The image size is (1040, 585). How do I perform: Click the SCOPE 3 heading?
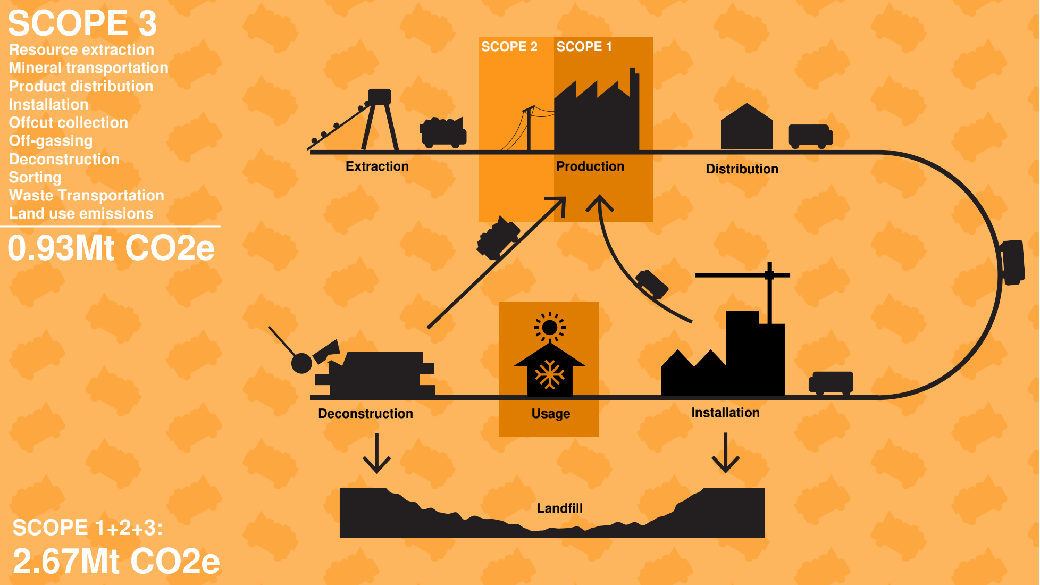(82, 23)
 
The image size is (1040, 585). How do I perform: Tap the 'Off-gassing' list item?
(51, 141)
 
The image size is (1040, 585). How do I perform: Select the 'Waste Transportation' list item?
(86, 196)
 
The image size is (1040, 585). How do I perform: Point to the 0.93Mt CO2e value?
(111, 248)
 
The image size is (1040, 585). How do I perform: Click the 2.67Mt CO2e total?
(116, 562)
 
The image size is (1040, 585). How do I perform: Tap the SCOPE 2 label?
(509, 47)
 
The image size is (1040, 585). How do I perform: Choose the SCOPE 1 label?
(584, 47)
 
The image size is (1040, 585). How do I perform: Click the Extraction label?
(377, 166)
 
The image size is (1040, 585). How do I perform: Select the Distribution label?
(742, 169)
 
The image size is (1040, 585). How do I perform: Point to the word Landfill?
(559, 508)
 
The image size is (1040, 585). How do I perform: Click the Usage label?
(550, 414)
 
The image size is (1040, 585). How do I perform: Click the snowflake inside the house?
(549, 375)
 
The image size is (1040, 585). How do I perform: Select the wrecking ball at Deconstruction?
(301, 364)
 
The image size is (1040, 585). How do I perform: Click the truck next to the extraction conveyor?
(443, 132)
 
